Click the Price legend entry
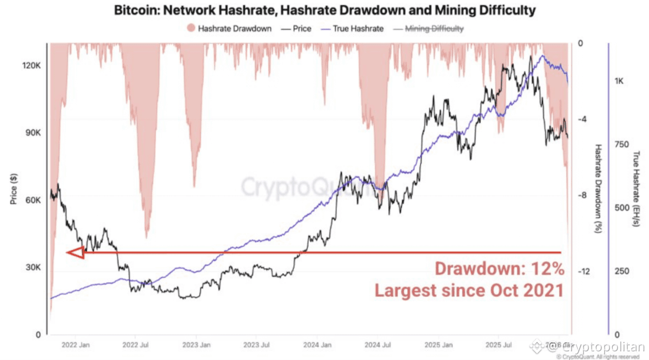click(297, 28)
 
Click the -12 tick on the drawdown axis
click(583, 272)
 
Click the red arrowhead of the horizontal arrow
click(75, 252)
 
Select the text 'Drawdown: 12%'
click(500, 269)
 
